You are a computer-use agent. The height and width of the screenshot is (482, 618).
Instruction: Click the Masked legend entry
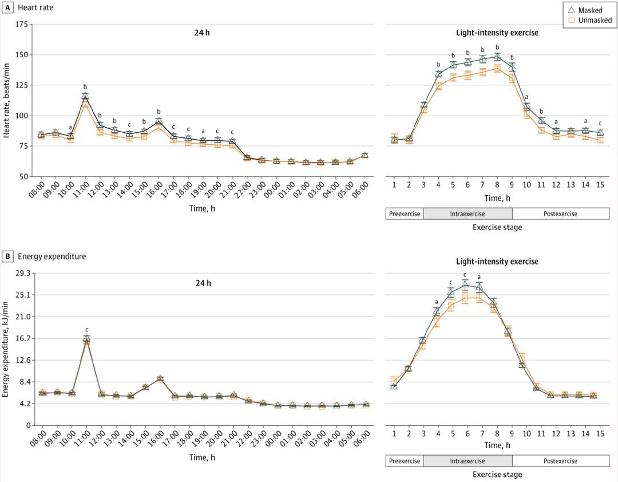(590, 10)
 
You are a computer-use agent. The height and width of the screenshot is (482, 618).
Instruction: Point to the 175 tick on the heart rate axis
(22, 25)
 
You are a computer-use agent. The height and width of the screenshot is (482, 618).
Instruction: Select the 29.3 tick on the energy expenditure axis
(21, 273)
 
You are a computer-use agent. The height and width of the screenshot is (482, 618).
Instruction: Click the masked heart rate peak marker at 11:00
(85, 97)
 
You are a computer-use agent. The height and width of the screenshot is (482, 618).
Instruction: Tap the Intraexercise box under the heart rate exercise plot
(468, 214)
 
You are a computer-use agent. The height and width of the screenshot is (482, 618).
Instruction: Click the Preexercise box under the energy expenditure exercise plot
(405, 461)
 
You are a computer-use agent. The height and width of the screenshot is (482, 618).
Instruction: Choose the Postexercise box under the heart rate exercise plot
(560, 214)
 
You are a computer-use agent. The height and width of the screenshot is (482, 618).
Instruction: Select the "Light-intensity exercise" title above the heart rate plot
(497, 33)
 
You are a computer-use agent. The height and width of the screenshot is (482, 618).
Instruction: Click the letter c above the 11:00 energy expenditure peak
(87, 330)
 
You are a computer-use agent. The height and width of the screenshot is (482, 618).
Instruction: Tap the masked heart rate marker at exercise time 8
(497, 56)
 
